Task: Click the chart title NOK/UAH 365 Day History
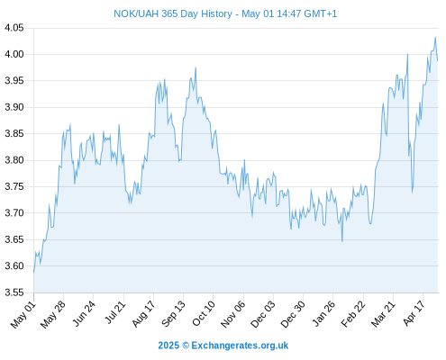[x=173, y=13]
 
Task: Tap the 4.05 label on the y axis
[x=14, y=28]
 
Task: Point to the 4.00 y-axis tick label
[x=14, y=54]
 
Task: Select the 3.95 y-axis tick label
[x=14, y=81]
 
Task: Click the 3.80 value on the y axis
[x=14, y=160]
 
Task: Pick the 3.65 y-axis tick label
[x=14, y=239]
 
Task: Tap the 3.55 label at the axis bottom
[x=14, y=292]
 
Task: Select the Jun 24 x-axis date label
[x=84, y=313]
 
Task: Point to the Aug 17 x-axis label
[x=143, y=314]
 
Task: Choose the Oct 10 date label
[x=204, y=313]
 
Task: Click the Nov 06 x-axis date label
[x=233, y=314]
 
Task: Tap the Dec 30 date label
[x=293, y=314]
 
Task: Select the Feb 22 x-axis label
[x=353, y=314]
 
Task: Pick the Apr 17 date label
[x=414, y=313]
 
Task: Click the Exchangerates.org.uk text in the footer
[x=240, y=346]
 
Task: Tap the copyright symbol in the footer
[x=186, y=346]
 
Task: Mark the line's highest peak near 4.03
[x=435, y=37]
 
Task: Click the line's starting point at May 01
[x=33, y=273]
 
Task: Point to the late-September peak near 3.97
[x=196, y=67]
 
